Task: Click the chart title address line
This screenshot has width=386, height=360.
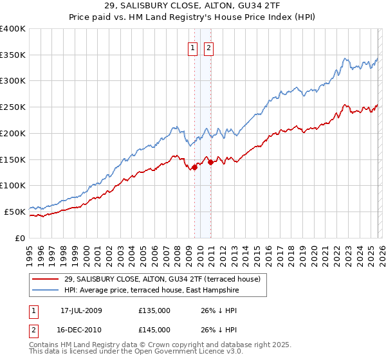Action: click(x=192, y=6)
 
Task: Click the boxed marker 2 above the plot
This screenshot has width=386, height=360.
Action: click(x=209, y=47)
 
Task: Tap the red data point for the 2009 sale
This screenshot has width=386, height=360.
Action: click(x=195, y=167)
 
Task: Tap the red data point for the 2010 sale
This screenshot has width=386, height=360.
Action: click(x=210, y=162)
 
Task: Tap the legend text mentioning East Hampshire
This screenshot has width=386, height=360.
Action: click(x=152, y=291)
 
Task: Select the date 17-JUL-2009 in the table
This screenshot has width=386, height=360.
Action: click(x=81, y=310)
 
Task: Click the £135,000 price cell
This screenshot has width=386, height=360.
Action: click(x=154, y=310)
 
